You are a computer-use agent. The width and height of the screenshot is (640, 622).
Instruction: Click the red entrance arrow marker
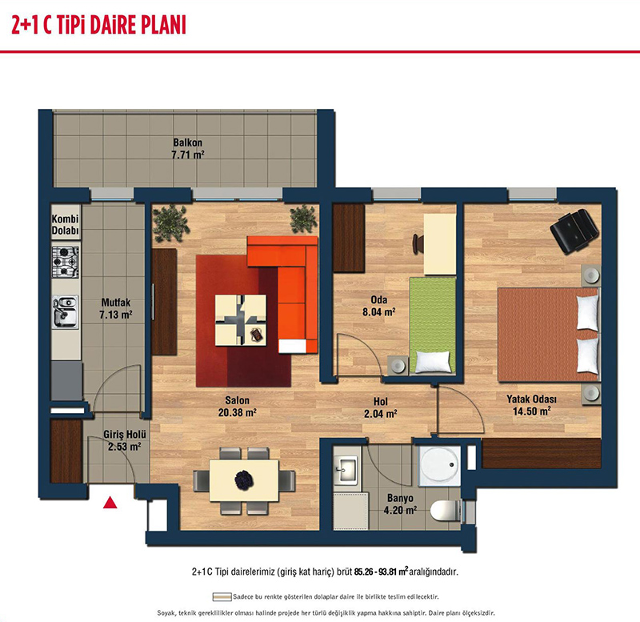pos(110,503)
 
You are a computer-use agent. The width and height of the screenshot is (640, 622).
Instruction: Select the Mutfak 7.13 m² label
pos(116,308)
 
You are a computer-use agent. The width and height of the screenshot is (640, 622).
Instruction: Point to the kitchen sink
pos(66,312)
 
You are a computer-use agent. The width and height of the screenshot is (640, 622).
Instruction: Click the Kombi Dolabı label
pos(66,225)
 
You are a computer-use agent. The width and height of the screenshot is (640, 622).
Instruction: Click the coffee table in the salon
pos(241,320)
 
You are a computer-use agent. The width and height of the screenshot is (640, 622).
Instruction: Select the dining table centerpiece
pos(244,480)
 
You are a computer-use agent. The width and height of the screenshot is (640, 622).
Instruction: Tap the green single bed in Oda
pos(433,325)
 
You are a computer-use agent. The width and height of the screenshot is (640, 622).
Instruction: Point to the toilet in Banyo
pos(446,511)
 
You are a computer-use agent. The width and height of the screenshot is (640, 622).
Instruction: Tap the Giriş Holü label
pos(125,435)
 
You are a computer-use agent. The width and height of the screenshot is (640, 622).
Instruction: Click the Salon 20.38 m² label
pos(237,407)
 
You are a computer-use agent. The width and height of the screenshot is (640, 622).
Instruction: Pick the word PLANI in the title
pos(164,25)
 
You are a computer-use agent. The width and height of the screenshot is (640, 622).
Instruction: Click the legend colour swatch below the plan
pos(222,597)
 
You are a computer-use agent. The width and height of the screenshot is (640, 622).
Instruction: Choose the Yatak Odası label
pos(531,399)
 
